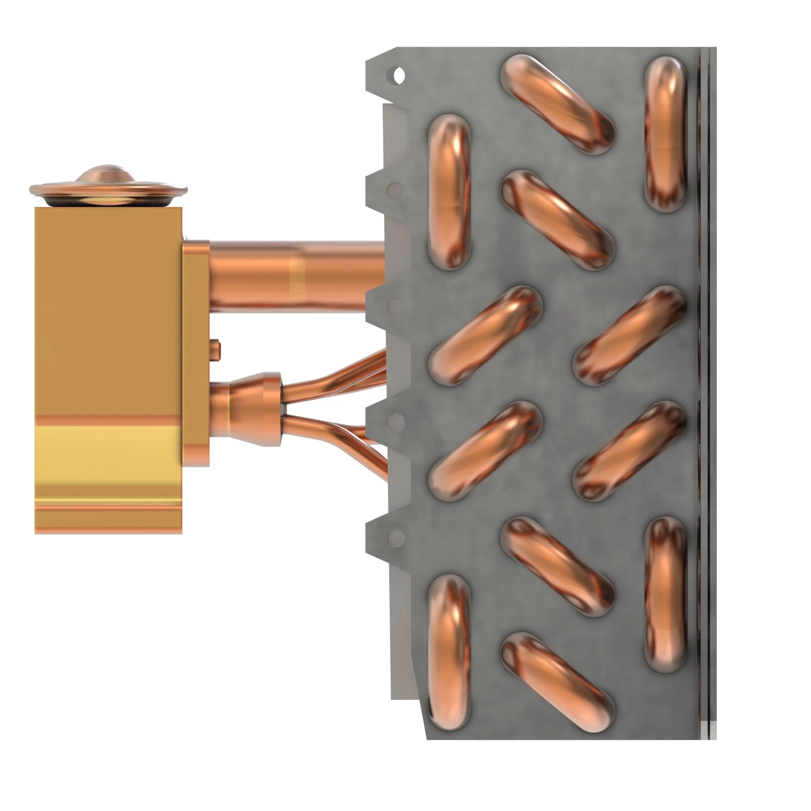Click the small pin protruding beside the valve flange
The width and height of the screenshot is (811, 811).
(x=216, y=350)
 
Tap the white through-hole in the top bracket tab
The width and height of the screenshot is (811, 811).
(x=399, y=76)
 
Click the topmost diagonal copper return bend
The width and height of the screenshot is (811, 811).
(x=557, y=105)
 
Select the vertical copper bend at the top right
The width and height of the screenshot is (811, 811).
(x=665, y=133)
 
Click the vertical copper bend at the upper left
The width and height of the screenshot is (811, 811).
(x=449, y=191)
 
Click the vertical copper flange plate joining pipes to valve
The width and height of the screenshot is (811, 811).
(x=195, y=353)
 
